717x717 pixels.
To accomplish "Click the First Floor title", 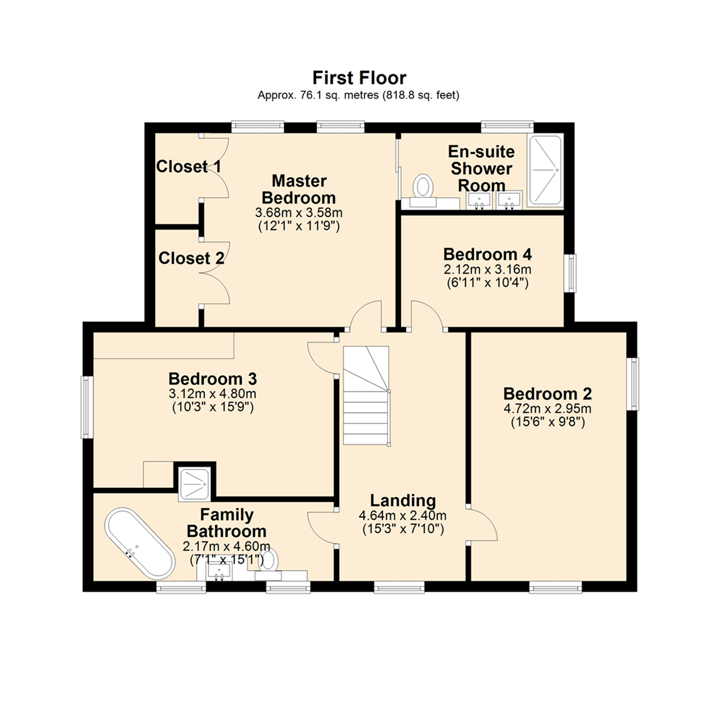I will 359,78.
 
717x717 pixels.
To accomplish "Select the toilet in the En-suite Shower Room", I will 422,186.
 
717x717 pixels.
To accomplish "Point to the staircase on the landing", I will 365,397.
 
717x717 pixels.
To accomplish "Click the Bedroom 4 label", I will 488,255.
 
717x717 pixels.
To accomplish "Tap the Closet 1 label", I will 189,167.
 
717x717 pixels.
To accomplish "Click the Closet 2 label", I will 191,258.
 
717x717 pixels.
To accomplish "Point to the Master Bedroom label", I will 299,189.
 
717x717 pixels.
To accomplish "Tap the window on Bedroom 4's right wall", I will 570,273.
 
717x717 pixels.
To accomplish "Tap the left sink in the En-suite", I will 479,199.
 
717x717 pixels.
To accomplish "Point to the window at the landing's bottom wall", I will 399,587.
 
